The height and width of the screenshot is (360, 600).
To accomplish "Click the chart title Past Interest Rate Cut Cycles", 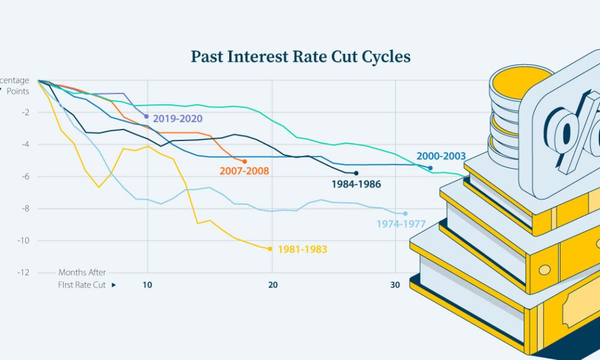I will pyautogui.click(x=301, y=57).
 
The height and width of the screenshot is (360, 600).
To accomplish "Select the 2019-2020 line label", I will pyautogui.click(x=178, y=119).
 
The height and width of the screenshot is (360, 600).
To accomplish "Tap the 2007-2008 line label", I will pyautogui.click(x=244, y=171).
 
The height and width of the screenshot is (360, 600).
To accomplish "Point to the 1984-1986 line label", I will pyautogui.click(x=356, y=184).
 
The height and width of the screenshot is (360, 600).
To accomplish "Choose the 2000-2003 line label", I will pyautogui.click(x=441, y=156).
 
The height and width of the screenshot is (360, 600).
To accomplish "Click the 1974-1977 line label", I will pyautogui.click(x=401, y=224).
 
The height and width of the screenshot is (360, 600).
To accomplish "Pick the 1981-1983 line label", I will pyautogui.click(x=302, y=249).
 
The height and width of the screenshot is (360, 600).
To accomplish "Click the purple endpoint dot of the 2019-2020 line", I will pyautogui.click(x=146, y=116).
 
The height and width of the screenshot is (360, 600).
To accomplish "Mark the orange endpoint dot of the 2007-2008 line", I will pyautogui.click(x=244, y=161).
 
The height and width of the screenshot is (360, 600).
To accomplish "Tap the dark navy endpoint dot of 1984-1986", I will pyautogui.click(x=356, y=173).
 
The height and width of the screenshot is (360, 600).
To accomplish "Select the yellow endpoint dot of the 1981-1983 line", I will pyautogui.click(x=270, y=248).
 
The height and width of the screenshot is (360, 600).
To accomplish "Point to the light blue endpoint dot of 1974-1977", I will pyautogui.click(x=405, y=214).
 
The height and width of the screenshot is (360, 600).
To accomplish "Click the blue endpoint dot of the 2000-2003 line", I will pyautogui.click(x=430, y=168).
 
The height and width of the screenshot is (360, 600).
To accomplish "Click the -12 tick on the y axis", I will pyautogui.click(x=23, y=272).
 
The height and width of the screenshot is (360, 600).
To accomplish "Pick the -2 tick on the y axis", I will pyautogui.click(x=25, y=112).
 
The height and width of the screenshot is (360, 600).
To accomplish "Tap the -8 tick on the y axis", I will pyautogui.click(x=25, y=208).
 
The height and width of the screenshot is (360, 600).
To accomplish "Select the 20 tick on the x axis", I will pyautogui.click(x=272, y=285).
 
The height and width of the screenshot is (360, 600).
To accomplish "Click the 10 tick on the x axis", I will pyautogui.click(x=148, y=285).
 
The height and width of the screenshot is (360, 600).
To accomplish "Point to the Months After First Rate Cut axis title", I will pyautogui.click(x=82, y=279).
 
